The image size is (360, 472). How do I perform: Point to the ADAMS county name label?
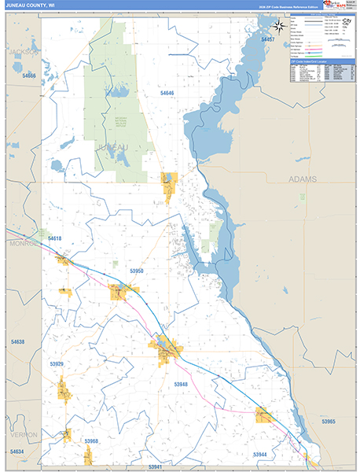[303, 179]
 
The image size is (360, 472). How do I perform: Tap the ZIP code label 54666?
[29, 76]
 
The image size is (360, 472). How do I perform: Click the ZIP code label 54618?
[54, 238]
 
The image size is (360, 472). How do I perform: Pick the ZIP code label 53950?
[136, 271]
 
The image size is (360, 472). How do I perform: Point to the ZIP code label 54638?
[17, 342]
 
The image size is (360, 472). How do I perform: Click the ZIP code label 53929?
[56, 364]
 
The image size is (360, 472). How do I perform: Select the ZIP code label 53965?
[327, 422]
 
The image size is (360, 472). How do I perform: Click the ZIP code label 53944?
[259, 455]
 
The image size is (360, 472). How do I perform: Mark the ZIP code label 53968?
[91, 441]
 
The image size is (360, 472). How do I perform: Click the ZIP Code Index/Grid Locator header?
[318, 72]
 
